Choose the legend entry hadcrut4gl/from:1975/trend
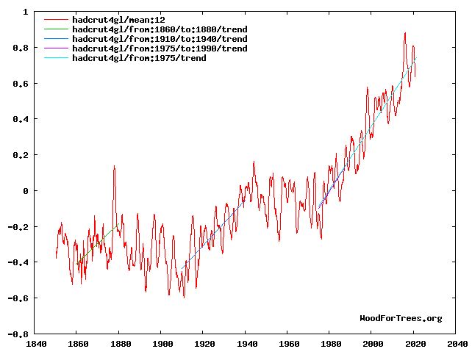[x=139, y=57]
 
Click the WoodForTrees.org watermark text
[x=401, y=318]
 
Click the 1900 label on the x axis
[x=162, y=343]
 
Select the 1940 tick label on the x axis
[x=246, y=343]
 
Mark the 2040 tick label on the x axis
[x=457, y=343]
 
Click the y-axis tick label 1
[x=26, y=12]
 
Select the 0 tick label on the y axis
[x=26, y=191]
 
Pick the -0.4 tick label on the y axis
[x=18, y=262]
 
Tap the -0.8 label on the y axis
[x=18, y=334]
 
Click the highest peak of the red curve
[x=404, y=33]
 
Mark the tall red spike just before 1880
[x=114, y=167]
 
